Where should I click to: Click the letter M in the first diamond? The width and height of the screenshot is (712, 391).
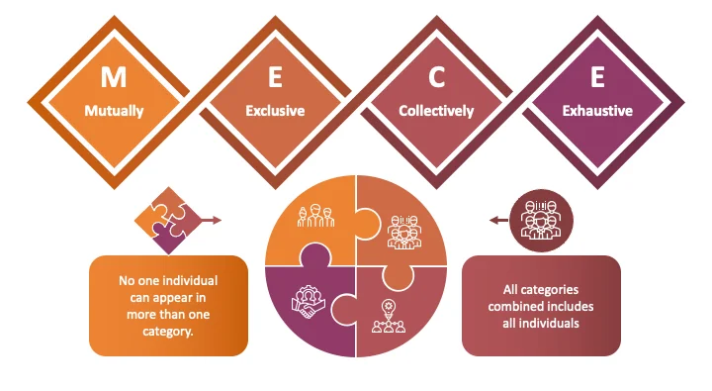pos(114,77)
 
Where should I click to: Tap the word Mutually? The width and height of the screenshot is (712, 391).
pos(114,111)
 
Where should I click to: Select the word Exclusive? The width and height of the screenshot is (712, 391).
pos(275,111)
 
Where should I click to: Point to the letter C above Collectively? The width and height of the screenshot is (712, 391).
pos(436,77)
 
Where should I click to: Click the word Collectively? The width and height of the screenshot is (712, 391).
pos(436,111)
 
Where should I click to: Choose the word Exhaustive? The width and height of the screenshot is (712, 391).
pos(597,111)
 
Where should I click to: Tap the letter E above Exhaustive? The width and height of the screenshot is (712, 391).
pos(597,77)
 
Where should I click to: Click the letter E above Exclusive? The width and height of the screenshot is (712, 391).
pos(275,77)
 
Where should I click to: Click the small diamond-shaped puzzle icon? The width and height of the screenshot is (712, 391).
pos(168,221)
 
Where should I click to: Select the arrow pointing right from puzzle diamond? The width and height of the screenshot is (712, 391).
pos(212,221)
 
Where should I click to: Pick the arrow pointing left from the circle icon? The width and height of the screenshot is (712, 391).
pos(499,221)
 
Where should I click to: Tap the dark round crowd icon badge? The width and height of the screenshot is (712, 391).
pos(541,221)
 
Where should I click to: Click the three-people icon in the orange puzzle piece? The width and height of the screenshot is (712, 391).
pos(316,216)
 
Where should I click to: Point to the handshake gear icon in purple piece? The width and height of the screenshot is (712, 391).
pos(309,302)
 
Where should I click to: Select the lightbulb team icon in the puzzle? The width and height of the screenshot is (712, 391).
pos(389,317)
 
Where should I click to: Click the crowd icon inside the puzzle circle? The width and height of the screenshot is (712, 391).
pos(404,232)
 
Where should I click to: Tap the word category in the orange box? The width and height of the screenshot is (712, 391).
pos(168,332)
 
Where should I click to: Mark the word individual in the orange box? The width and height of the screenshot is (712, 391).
pos(191,280)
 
